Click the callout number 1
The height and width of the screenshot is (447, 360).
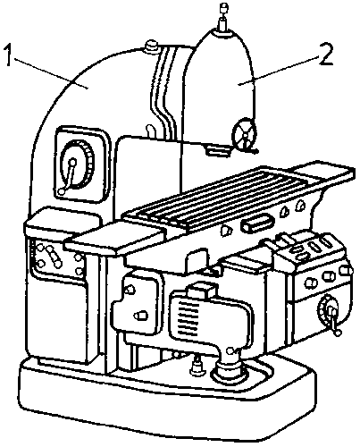8,55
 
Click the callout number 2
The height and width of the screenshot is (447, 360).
326,55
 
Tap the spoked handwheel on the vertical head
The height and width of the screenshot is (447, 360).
245,135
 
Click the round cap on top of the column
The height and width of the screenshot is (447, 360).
152,46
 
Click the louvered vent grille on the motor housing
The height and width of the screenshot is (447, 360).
188,316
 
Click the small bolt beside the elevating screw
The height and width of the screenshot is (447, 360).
196,363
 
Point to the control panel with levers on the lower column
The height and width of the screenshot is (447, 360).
56,261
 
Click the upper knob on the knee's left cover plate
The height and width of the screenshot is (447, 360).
130,290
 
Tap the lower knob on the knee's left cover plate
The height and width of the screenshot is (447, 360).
141,316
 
